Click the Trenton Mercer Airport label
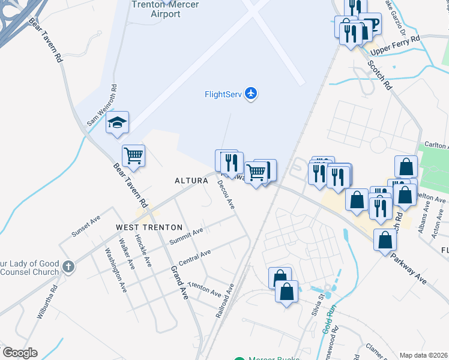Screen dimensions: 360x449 [155, 9]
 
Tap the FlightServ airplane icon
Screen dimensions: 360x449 [251, 94]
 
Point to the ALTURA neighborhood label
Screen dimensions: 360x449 [191, 181]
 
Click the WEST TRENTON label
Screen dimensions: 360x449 [149, 227]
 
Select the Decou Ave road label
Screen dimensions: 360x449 [226, 194]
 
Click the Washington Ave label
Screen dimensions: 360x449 [116, 269]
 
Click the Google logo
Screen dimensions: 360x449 [20, 353]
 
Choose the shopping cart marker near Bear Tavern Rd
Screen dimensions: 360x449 [133, 156]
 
